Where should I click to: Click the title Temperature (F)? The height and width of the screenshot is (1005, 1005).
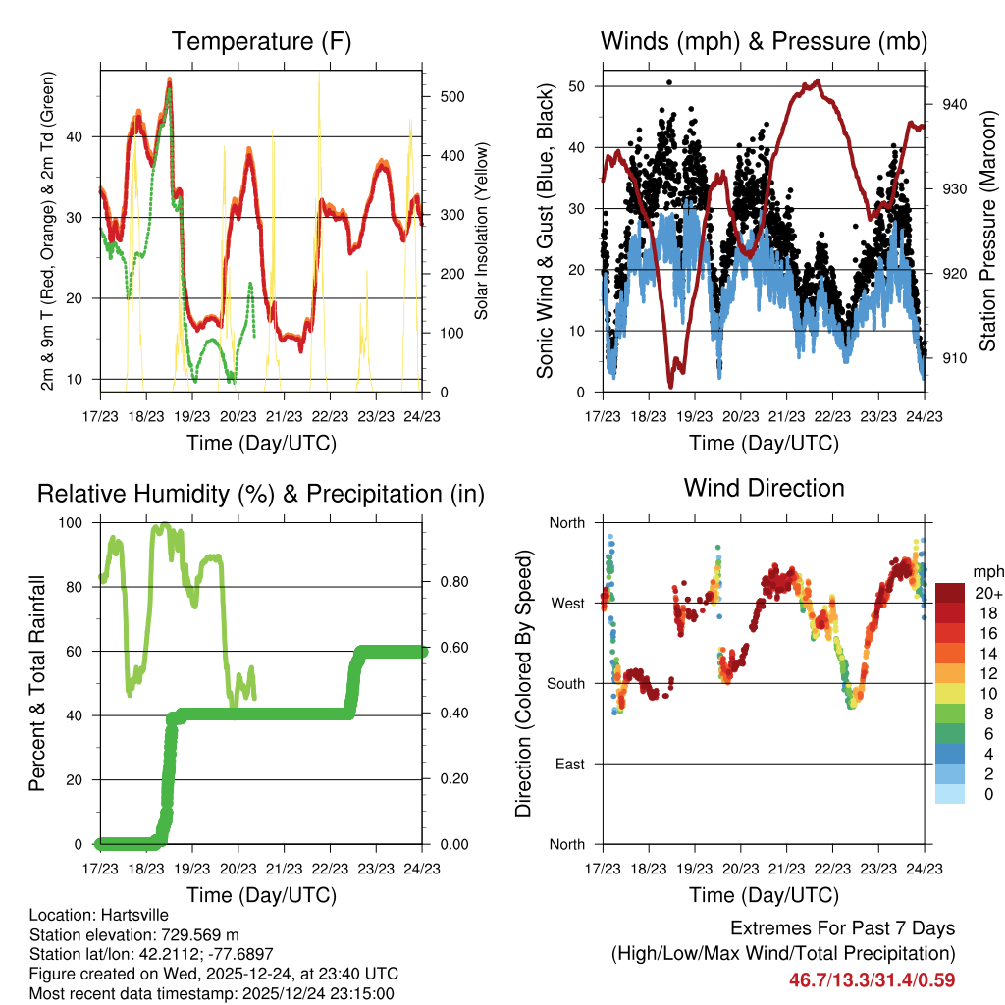click(x=261, y=42)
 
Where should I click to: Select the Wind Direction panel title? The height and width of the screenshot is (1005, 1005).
click(x=764, y=488)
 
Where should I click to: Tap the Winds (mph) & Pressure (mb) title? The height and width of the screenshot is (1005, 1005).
click(x=764, y=42)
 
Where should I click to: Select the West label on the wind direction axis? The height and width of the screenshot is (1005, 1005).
click(x=566, y=603)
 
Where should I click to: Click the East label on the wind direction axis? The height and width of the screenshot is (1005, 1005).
click(x=568, y=764)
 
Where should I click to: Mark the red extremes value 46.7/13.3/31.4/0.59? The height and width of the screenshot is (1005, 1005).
click(x=873, y=980)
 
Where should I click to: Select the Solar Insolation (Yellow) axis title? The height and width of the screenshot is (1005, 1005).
click(x=482, y=232)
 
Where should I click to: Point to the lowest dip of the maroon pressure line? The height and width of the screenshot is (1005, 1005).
click(x=671, y=385)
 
